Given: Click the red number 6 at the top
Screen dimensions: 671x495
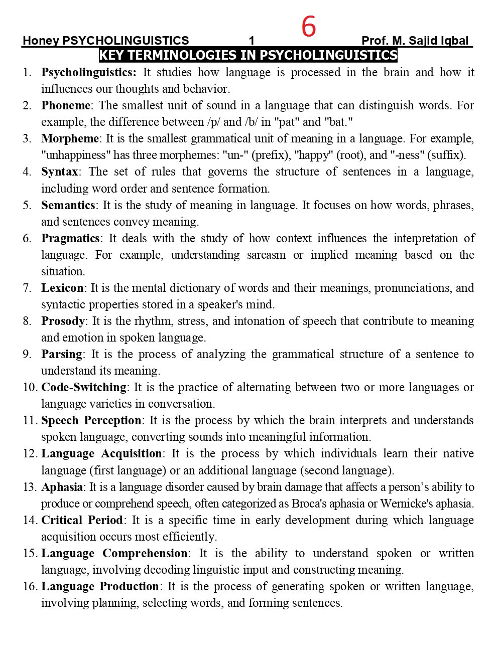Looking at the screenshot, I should click(309, 27).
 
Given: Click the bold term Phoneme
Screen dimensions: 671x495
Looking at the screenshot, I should click(66, 105).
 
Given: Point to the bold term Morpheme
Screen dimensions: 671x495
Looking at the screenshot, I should click(70, 138).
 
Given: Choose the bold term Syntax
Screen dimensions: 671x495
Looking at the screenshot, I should click(59, 172).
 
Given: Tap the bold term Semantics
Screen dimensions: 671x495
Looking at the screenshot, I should click(68, 205).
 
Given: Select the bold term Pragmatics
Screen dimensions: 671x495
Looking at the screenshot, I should click(70, 238).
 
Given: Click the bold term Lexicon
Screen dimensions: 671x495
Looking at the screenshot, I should click(62, 288).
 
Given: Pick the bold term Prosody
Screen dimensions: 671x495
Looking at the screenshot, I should click(63, 321).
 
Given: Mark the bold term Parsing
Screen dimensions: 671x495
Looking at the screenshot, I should click(61, 354).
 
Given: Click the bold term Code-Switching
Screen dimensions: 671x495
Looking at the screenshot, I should click(84, 387).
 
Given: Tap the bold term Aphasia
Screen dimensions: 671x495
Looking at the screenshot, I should click(62, 487).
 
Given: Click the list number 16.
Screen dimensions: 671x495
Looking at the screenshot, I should click(29, 586).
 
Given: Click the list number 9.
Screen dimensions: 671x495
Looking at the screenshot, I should click(27, 354).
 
